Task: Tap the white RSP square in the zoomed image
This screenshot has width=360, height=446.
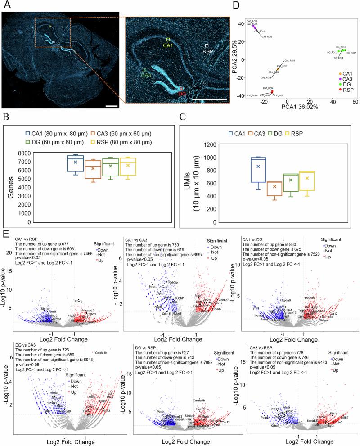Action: click(207, 46)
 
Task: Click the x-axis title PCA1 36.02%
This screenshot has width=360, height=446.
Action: click(292, 107)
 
